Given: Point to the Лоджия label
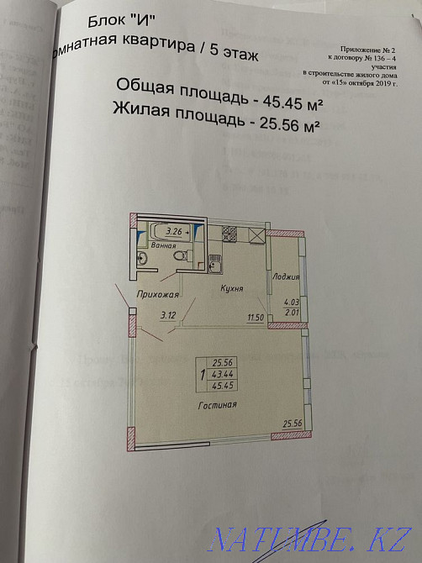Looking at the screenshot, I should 287,276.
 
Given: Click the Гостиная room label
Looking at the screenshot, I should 218,405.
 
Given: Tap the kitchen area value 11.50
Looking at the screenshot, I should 256,317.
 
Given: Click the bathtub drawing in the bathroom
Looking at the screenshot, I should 166,230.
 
